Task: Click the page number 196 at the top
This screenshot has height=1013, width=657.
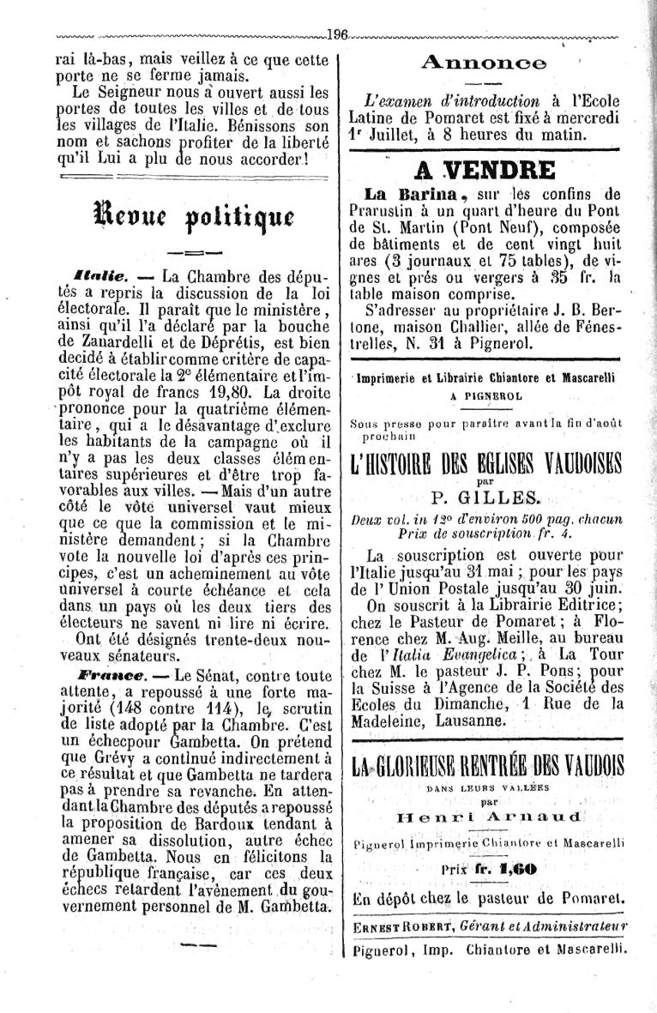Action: [336, 35]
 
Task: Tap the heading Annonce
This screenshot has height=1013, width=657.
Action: [484, 63]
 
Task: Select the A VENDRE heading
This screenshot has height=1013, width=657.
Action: [485, 170]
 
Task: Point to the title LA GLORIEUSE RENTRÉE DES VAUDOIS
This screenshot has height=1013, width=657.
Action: [488, 764]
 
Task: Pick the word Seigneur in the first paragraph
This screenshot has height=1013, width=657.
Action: [144, 92]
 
